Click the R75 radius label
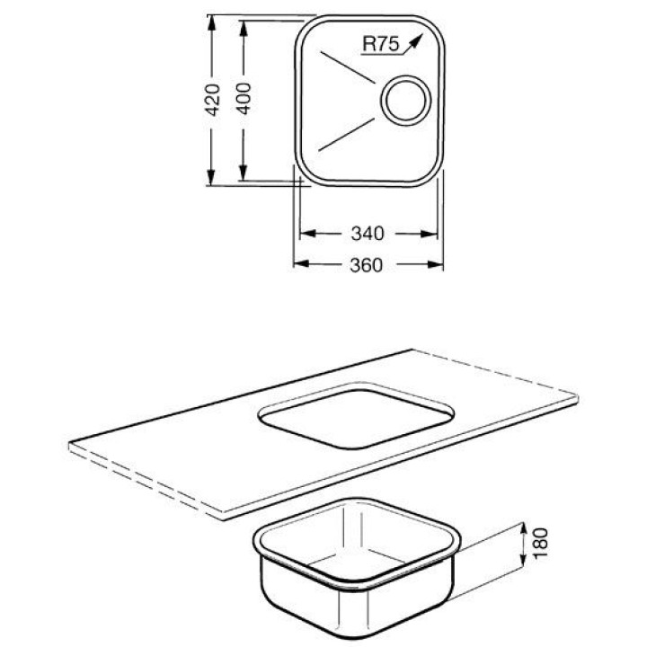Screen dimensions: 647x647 click(381, 44)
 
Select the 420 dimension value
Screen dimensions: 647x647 click(213, 100)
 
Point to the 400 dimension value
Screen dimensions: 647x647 click(244, 99)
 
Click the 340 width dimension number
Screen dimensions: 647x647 click(368, 234)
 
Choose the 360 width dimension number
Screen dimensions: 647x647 click(367, 265)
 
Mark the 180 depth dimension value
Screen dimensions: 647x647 click(540, 543)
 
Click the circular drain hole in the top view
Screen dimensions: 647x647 click(405, 101)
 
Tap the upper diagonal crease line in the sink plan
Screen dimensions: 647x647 click(348, 67)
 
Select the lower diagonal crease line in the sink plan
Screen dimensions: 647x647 click(346, 135)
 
